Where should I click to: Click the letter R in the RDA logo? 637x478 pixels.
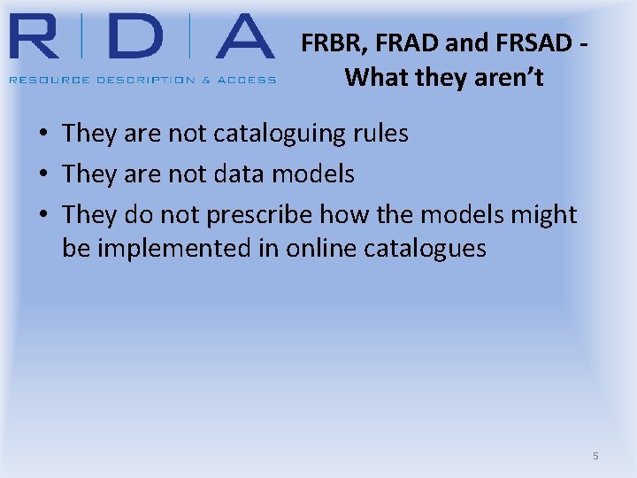click(39, 37)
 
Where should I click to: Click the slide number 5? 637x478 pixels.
click(595, 456)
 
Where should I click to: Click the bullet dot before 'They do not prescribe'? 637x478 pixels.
click(42, 216)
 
